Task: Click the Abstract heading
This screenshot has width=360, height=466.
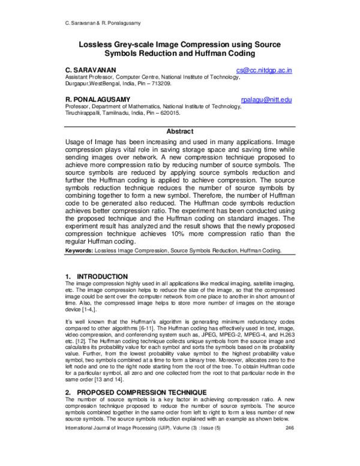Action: (179, 132)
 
